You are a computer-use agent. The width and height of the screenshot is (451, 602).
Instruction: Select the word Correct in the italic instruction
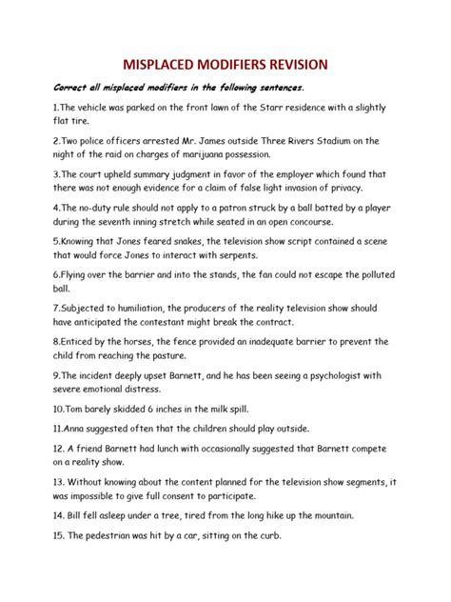56,88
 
